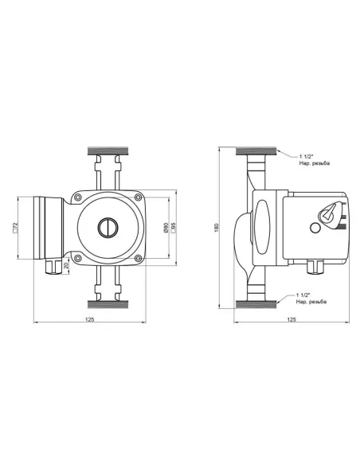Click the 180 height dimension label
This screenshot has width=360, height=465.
(x=217, y=228)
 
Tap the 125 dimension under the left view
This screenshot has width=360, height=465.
(x=89, y=319)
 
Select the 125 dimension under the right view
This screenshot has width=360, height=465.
(x=292, y=319)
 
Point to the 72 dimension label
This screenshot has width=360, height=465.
(x=15, y=227)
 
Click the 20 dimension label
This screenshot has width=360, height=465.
(x=66, y=265)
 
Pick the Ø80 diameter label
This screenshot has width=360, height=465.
(x=166, y=228)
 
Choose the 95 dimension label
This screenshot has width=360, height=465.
(x=173, y=228)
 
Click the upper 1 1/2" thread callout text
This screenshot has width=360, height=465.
(x=315, y=160)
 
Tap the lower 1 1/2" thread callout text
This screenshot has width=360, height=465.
(x=311, y=299)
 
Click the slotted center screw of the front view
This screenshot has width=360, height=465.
(x=108, y=228)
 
